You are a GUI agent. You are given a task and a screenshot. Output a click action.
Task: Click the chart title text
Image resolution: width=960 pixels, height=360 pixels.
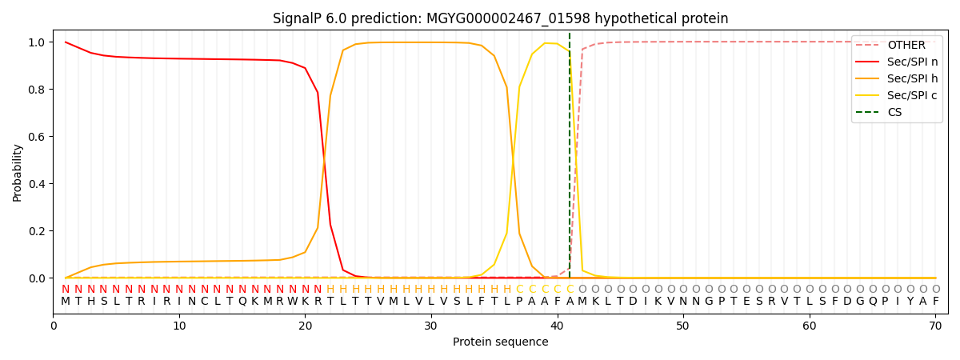pos(500,18)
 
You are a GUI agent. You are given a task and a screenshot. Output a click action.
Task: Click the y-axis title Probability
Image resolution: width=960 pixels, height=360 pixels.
pos(18,172)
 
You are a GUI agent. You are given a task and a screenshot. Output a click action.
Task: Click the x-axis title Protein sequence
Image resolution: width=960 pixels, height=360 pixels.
pos(500,342)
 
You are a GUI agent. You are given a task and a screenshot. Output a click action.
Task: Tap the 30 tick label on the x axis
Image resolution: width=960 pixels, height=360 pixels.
pos(430,325)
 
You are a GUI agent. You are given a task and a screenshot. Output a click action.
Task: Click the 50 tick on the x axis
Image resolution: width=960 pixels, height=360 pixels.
pos(682,325)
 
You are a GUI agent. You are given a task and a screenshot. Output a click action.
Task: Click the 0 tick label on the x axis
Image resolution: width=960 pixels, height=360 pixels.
pos(53,325)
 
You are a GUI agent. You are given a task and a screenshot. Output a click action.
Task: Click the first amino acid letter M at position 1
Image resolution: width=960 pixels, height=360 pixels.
pos(66,302)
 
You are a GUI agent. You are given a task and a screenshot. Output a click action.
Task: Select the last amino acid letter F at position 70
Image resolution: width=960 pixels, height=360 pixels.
pos(935,302)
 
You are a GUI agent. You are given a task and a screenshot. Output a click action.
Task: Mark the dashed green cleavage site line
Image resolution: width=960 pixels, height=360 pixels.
pos(570,160)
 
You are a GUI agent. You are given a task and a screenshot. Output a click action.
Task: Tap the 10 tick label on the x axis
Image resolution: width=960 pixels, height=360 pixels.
pos(179,325)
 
